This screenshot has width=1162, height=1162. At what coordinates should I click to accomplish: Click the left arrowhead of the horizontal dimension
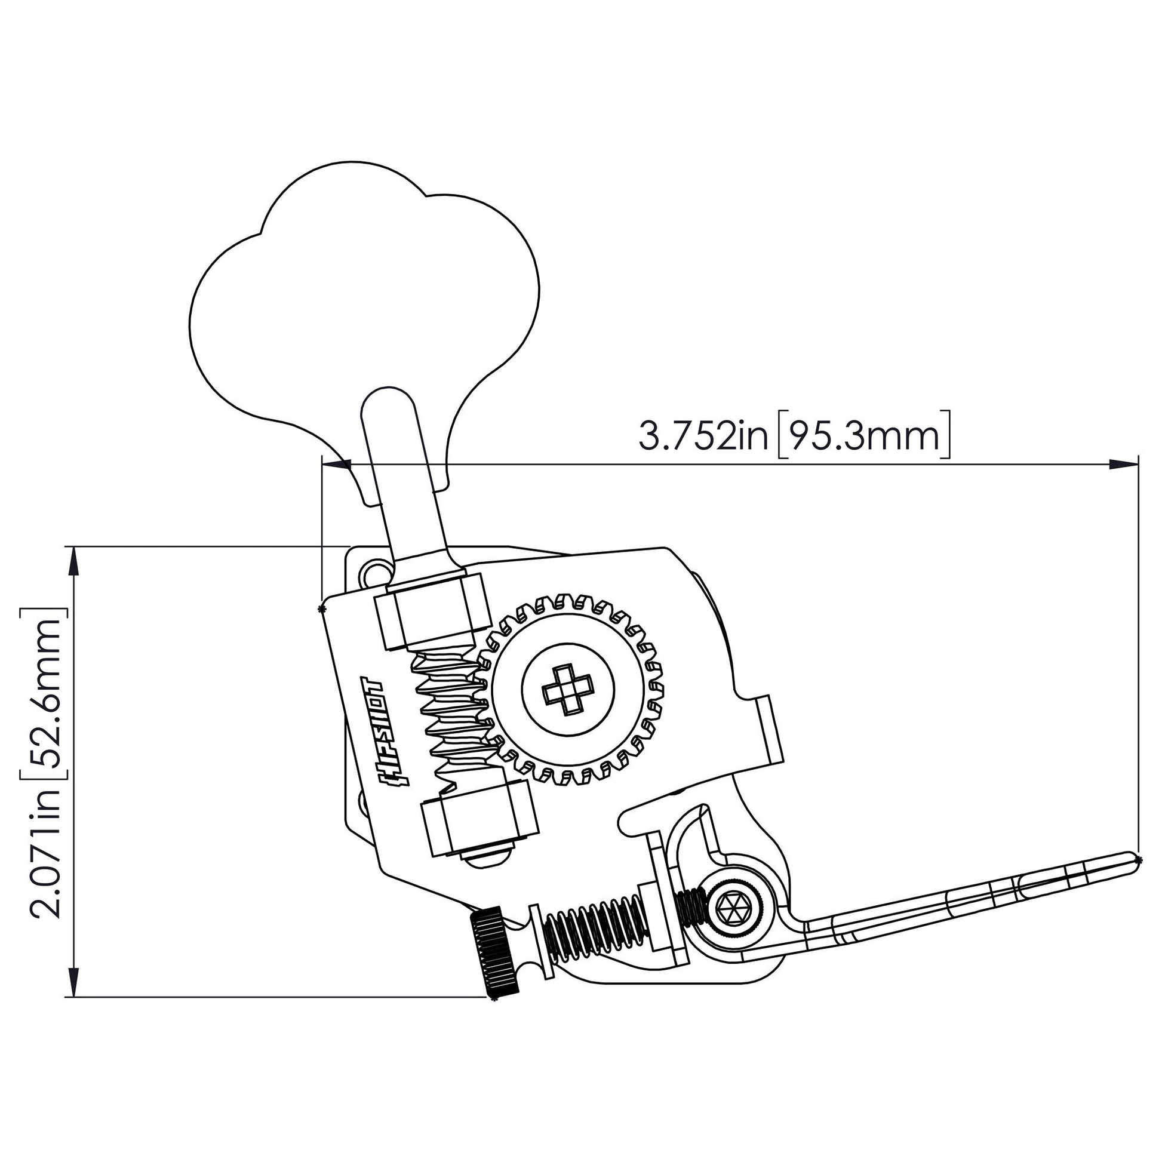[337, 464]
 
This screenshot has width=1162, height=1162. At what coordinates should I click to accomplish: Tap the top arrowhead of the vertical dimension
[73, 562]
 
